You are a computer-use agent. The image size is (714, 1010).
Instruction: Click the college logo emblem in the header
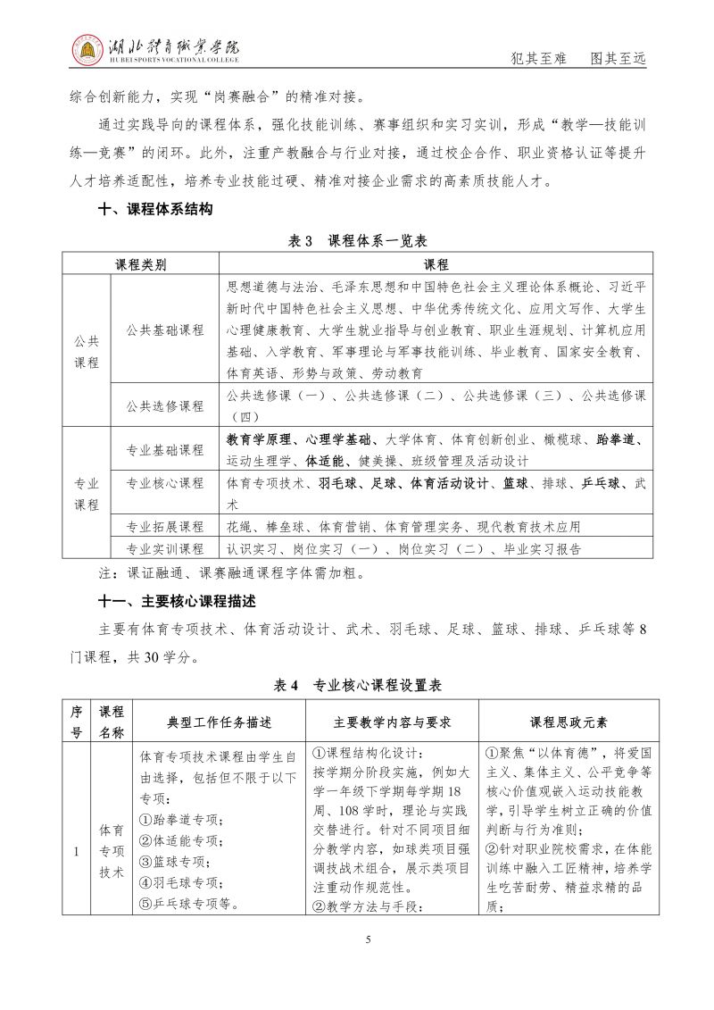click(x=87, y=52)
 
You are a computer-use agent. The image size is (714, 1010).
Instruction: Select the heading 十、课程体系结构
click(x=154, y=210)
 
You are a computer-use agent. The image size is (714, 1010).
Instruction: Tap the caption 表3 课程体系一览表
click(x=356, y=241)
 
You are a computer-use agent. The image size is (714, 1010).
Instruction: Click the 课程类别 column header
click(x=141, y=264)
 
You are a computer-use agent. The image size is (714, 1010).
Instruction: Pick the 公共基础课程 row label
click(x=165, y=329)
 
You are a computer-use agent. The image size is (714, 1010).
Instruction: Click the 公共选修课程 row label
click(x=165, y=405)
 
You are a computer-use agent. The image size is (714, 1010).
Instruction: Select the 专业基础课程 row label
click(x=165, y=449)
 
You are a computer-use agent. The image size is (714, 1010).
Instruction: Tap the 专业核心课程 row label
click(x=165, y=483)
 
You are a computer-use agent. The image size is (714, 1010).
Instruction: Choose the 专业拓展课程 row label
click(x=165, y=526)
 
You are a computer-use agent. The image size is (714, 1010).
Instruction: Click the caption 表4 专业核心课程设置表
click(x=356, y=686)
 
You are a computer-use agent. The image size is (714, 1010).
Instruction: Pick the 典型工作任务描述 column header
click(x=219, y=722)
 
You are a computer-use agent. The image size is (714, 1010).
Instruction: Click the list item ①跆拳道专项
click(x=182, y=820)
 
